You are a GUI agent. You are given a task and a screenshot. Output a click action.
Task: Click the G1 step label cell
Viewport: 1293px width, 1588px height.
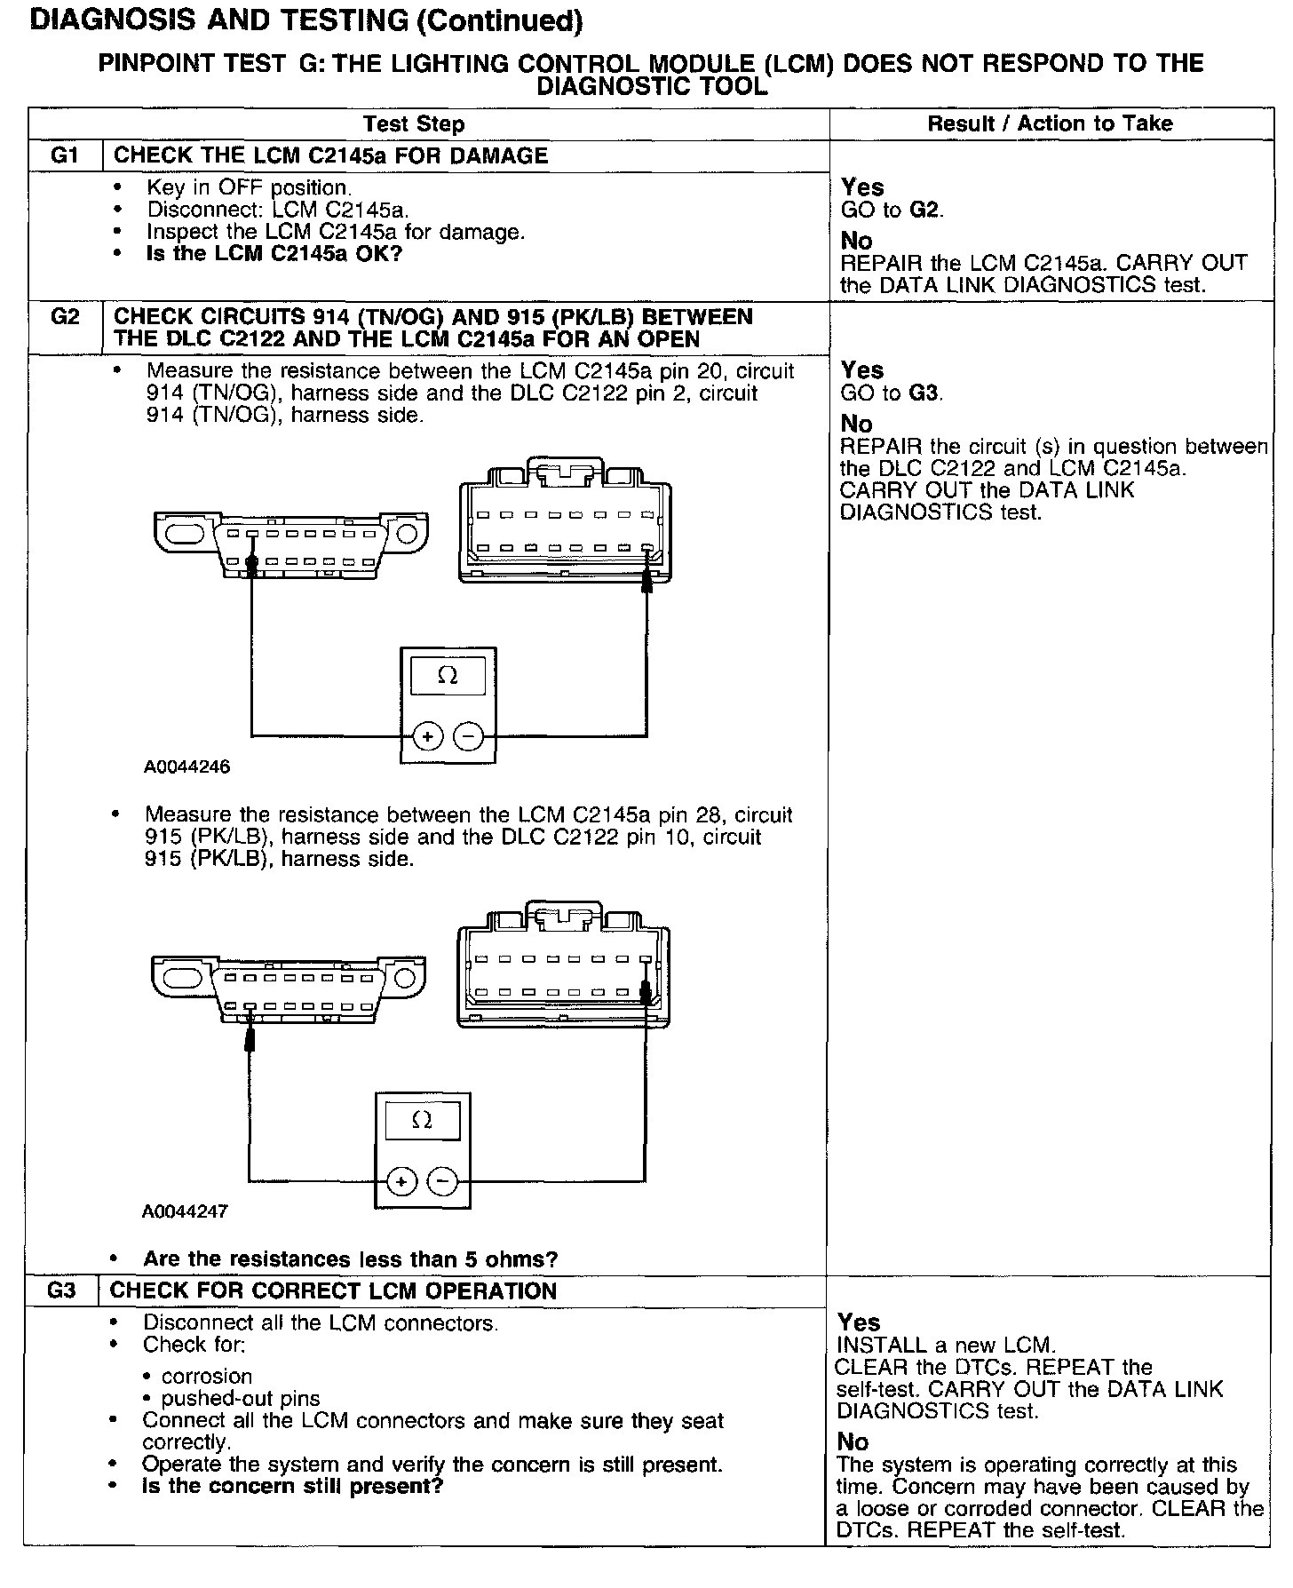(x=65, y=155)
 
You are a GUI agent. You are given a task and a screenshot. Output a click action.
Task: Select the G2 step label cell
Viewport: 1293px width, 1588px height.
(x=65, y=317)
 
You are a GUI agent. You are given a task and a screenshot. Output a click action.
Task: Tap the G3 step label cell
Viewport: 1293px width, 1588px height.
(x=60, y=1290)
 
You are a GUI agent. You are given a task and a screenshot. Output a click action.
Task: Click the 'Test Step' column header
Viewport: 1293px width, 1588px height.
(x=414, y=124)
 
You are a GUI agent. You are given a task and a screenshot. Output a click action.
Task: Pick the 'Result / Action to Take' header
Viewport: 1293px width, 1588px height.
(x=1050, y=123)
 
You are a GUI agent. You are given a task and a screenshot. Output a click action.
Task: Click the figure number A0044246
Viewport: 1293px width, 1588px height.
(x=186, y=767)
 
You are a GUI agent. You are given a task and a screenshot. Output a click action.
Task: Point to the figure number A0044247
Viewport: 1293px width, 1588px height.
(x=185, y=1211)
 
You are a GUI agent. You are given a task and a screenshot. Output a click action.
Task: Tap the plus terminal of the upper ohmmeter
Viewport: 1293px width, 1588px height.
(x=428, y=736)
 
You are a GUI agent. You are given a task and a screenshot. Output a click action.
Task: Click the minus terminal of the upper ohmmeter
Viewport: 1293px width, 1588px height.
(x=469, y=736)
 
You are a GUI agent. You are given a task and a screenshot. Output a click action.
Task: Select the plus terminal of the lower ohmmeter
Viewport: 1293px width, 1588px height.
(x=402, y=1181)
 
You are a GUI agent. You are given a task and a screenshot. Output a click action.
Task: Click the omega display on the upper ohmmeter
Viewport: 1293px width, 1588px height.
(x=448, y=677)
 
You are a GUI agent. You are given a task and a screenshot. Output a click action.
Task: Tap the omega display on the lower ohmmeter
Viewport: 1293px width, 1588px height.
(x=423, y=1121)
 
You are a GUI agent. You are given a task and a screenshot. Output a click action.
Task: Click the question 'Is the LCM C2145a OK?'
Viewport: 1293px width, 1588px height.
(x=274, y=254)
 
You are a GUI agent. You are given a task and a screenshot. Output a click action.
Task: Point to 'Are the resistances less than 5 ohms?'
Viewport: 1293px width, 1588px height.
(x=351, y=1259)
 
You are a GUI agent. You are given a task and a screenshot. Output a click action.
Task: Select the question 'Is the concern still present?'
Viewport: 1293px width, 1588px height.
(x=293, y=1486)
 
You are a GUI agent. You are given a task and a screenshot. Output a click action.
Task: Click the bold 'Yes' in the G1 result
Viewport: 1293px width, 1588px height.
(x=862, y=187)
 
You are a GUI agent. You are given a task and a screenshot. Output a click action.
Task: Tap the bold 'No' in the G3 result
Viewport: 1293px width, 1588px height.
(x=853, y=1441)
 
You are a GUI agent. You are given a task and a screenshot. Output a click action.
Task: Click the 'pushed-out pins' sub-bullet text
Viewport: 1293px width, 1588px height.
(x=241, y=1399)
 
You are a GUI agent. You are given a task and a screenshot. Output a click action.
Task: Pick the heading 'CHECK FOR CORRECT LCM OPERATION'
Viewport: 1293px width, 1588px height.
(x=333, y=1290)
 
